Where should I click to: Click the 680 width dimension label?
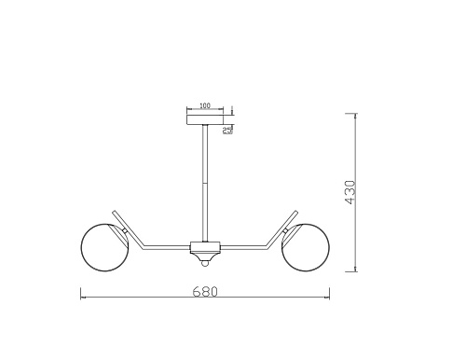coord(205,292)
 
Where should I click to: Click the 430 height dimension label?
coord(349,192)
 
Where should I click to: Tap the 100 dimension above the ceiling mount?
coord(205,105)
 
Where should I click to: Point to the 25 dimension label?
coord(227,130)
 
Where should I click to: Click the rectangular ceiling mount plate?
coord(205,119)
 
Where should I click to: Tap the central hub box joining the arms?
coord(205,247)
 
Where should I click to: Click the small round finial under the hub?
coord(205,264)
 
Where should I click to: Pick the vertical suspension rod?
coord(205,183)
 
